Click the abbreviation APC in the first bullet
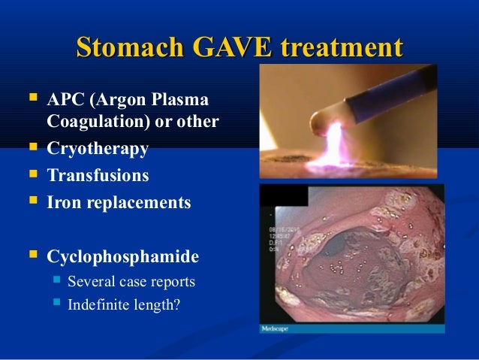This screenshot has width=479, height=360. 64,101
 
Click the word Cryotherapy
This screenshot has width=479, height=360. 98,149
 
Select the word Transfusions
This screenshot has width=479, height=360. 98,176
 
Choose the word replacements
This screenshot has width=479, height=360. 139,203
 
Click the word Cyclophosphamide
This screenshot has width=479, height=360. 123,257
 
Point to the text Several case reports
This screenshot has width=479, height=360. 131,283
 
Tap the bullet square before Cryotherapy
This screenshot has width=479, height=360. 32,148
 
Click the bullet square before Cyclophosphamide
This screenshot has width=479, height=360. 32,256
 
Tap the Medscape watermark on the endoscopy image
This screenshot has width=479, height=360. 275,328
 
